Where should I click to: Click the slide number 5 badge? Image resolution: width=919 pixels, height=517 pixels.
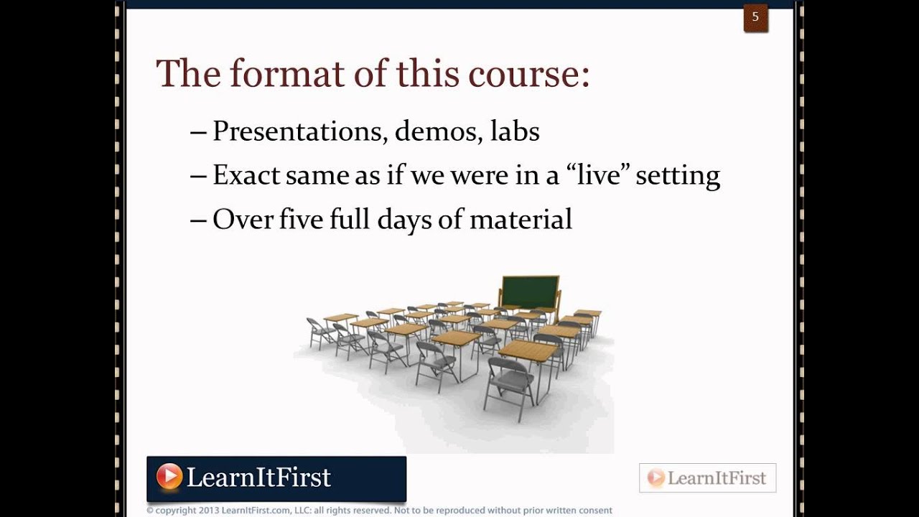(x=755, y=17)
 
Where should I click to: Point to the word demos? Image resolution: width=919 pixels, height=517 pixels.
(x=437, y=131)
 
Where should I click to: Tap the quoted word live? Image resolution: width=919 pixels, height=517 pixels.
(x=591, y=175)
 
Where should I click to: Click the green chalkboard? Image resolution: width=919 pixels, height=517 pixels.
(x=529, y=291)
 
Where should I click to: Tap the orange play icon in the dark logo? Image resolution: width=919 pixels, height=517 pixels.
(x=169, y=477)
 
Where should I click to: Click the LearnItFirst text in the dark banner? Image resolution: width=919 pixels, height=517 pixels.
(x=258, y=478)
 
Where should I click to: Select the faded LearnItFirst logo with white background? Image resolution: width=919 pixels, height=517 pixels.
(x=707, y=478)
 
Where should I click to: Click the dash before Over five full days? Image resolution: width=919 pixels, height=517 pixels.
(x=198, y=220)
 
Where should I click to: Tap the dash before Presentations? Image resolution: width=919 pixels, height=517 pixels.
(x=198, y=132)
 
